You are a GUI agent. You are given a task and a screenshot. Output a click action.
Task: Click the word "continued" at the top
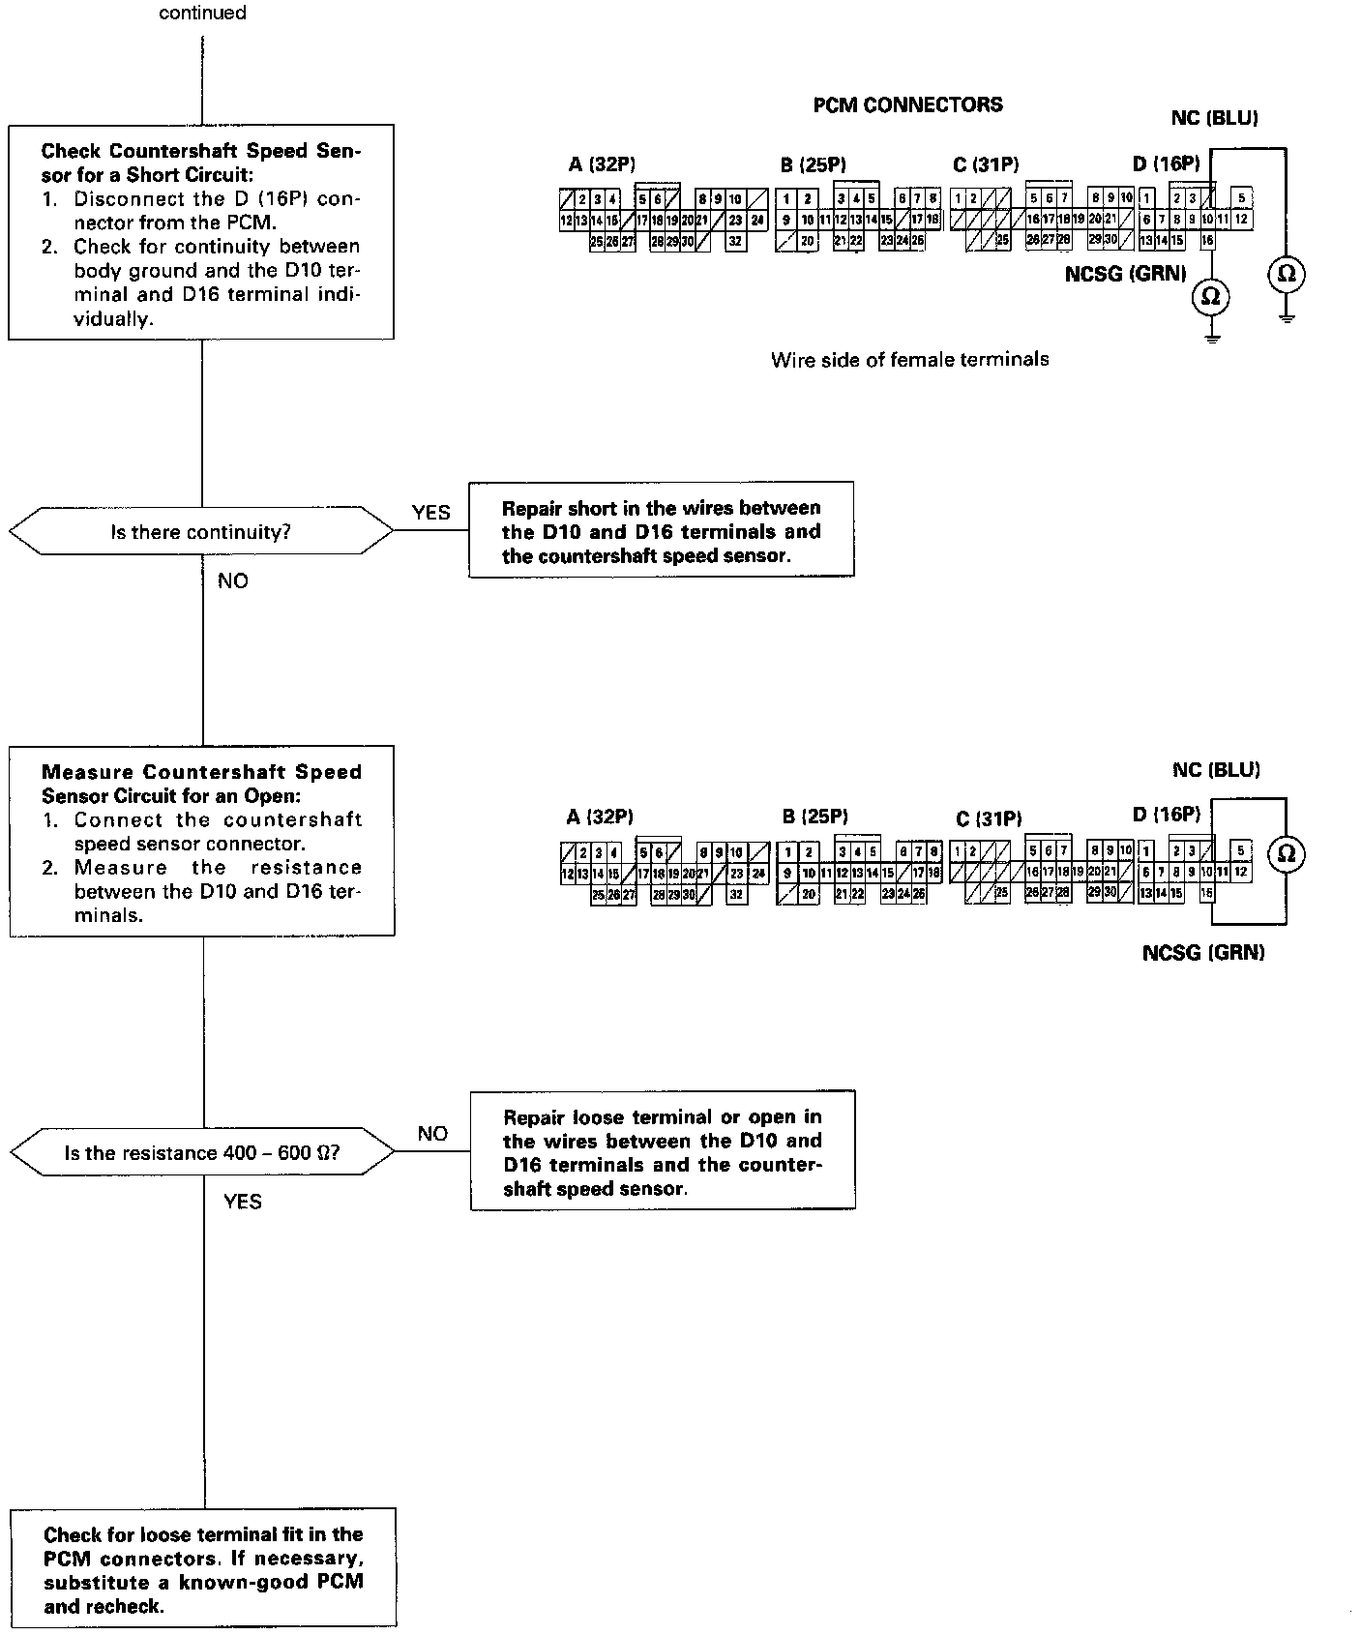pyautogui.click(x=202, y=14)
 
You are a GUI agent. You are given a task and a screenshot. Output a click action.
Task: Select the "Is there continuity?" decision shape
pyautogui.click(x=200, y=531)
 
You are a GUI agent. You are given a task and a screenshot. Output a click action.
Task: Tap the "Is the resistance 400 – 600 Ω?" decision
pyautogui.click(x=201, y=1152)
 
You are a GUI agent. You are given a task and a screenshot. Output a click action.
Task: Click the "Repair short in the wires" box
pyautogui.click(x=661, y=531)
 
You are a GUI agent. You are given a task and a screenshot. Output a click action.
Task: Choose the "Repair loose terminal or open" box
pyautogui.click(x=663, y=1152)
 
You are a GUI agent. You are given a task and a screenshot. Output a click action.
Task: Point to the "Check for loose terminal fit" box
pyautogui.click(x=203, y=1569)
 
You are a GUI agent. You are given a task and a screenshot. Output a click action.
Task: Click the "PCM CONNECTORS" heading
pyautogui.click(x=907, y=105)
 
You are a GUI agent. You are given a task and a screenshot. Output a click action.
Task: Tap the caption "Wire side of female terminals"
pyautogui.click(x=909, y=360)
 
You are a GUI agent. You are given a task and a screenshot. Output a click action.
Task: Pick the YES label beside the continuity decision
pyautogui.click(x=430, y=513)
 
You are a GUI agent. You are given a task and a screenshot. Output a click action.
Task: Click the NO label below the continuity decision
pyautogui.click(x=232, y=580)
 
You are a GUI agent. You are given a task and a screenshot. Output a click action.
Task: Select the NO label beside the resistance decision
pyautogui.click(x=432, y=1134)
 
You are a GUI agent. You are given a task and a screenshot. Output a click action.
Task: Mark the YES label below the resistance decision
pyautogui.click(x=242, y=1202)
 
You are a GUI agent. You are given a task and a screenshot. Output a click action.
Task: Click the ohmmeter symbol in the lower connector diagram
pyautogui.click(x=1287, y=853)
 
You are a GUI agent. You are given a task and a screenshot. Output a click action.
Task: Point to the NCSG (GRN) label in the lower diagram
pyautogui.click(x=1203, y=953)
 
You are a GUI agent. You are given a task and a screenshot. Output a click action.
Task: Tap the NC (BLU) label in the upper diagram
pyautogui.click(x=1214, y=118)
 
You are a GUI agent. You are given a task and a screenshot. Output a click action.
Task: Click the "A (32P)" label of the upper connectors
pyautogui.click(x=601, y=164)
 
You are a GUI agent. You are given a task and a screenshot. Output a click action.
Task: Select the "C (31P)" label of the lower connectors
pyautogui.click(x=989, y=819)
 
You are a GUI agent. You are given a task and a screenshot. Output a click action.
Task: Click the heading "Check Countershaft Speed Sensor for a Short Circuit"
pyautogui.click(x=200, y=163)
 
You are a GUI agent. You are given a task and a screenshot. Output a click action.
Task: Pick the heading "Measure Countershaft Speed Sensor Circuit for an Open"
pyautogui.click(x=201, y=784)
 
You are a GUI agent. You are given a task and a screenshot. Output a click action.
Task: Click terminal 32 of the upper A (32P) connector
pyautogui.click(x=735, y=242)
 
